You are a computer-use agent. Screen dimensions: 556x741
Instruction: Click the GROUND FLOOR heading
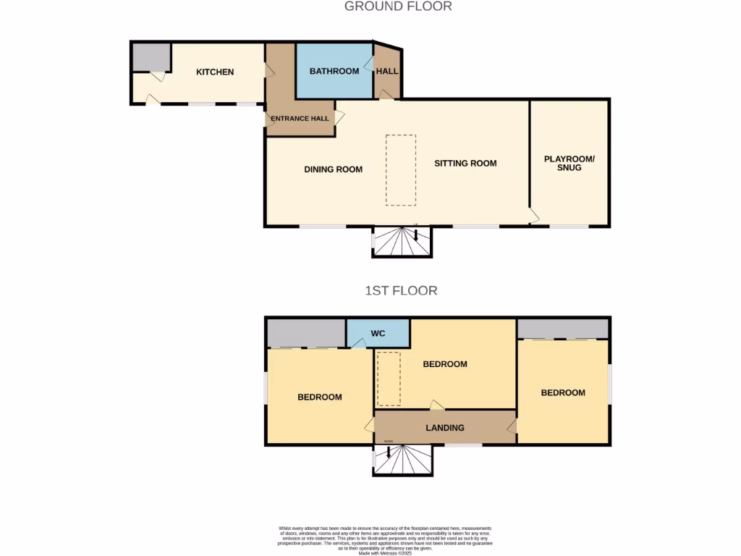(398, 7)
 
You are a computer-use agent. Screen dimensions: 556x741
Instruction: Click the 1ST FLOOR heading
(401, 291)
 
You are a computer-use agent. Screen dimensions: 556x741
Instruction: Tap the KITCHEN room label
(215, 72)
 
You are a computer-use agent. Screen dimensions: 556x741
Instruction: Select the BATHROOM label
(334, 71)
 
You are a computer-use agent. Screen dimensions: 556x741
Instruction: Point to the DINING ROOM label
(333, 169)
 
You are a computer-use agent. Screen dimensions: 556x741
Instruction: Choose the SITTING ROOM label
(465, 164)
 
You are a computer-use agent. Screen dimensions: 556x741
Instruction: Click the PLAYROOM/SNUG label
(569, 163)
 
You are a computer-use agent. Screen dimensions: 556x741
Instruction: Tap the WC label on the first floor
(378, 334)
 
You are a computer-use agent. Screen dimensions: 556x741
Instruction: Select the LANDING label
(444, 428)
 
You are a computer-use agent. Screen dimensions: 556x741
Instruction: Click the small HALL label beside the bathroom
(386, 71)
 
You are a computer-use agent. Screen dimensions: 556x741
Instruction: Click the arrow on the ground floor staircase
(416, 235)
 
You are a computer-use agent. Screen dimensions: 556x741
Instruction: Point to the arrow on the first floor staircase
(389, 452)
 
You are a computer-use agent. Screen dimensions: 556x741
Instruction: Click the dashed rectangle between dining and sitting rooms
(400, 170)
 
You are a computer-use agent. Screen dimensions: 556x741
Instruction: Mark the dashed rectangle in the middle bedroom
(389, 379)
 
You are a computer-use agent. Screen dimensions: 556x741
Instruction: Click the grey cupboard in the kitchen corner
(151, 57)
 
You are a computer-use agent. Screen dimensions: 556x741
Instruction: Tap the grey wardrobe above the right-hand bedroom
(563, 328)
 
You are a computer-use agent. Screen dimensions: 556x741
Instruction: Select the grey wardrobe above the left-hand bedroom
(306, 333)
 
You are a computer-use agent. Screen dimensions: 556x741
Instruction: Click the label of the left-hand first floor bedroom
(319, 397)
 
